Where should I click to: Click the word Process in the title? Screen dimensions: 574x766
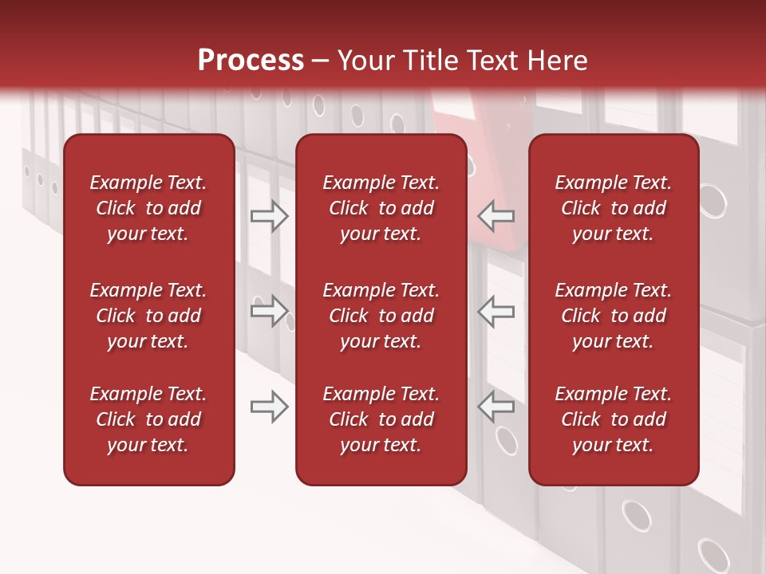click(x=251, y=61)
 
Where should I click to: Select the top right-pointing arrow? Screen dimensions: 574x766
click(x=269, y=216)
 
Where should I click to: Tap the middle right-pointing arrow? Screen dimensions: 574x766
click(x=269, y=311)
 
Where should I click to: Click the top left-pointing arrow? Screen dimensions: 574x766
click(x=496, y=216)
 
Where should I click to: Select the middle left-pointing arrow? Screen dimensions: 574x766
click(x=496, y=311)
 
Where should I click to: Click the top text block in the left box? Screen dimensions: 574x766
click(x=148, y=208)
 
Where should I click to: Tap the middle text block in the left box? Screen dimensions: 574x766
click(x=148, y=316)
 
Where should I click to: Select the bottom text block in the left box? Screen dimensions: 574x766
click(x=148, y=419)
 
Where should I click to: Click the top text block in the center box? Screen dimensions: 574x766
click(x=381, y=208)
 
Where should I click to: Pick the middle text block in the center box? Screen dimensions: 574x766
click(x=381, y=316)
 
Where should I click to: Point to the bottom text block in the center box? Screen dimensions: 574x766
click(x=381, y=419)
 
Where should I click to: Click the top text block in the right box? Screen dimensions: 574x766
click(x=613, y=208)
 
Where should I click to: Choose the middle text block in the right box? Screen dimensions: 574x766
click(x=613, y=316)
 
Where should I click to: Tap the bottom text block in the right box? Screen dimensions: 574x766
click(x=613, y=419)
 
